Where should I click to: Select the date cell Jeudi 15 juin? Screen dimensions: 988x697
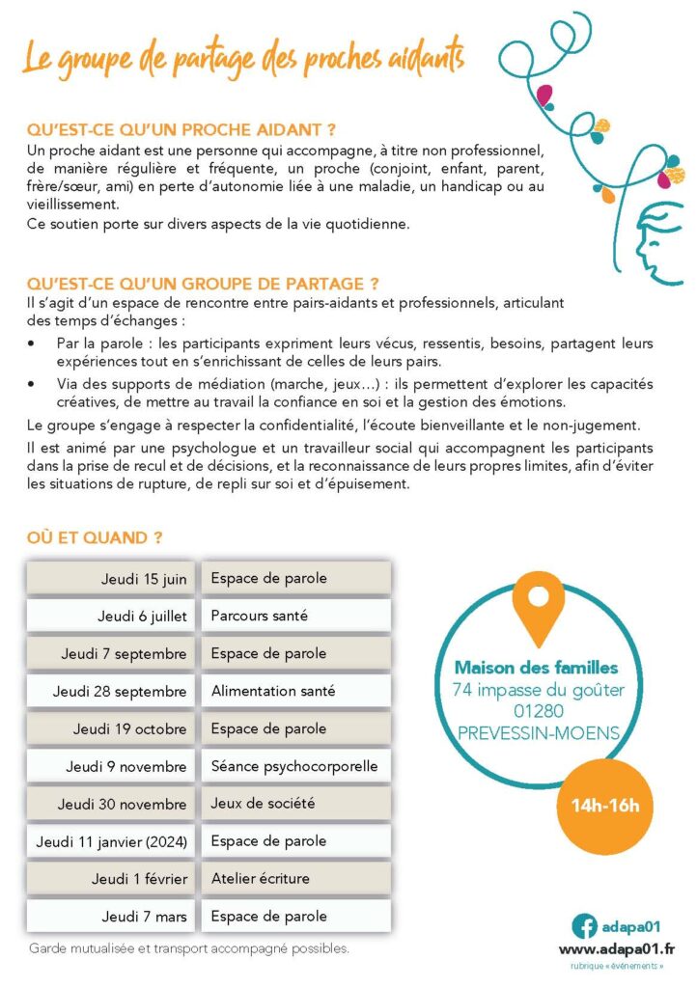[x=111, y=579]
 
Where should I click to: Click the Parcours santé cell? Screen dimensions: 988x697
[x=295, y=616]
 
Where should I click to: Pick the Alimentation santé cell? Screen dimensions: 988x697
[x=295, y=691]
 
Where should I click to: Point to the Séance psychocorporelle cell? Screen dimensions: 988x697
[x=295, y=766]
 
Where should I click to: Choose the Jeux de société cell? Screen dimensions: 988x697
[x=295, y=804]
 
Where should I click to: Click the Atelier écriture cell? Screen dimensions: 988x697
[x=295, y=879]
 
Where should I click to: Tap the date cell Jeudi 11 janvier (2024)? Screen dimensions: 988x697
[x=111, y=841]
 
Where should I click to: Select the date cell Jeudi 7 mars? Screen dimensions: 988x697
[x=111, y=917]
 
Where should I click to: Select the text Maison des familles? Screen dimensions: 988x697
[x=537, y=667]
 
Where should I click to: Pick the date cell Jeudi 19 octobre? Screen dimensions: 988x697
[x=111, y=728]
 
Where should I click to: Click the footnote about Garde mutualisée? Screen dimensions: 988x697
[x=188, y=948]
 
